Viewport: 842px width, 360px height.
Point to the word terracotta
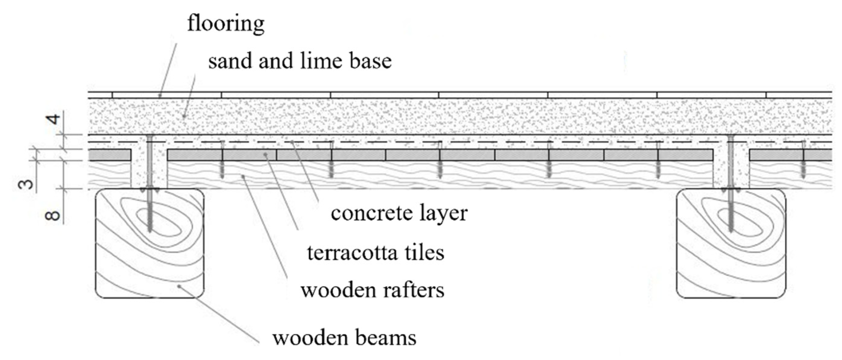352,253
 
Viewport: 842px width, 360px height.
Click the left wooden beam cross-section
150,255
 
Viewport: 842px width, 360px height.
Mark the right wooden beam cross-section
731,255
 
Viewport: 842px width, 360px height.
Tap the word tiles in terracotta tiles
424,253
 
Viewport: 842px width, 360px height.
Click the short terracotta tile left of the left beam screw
110,155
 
